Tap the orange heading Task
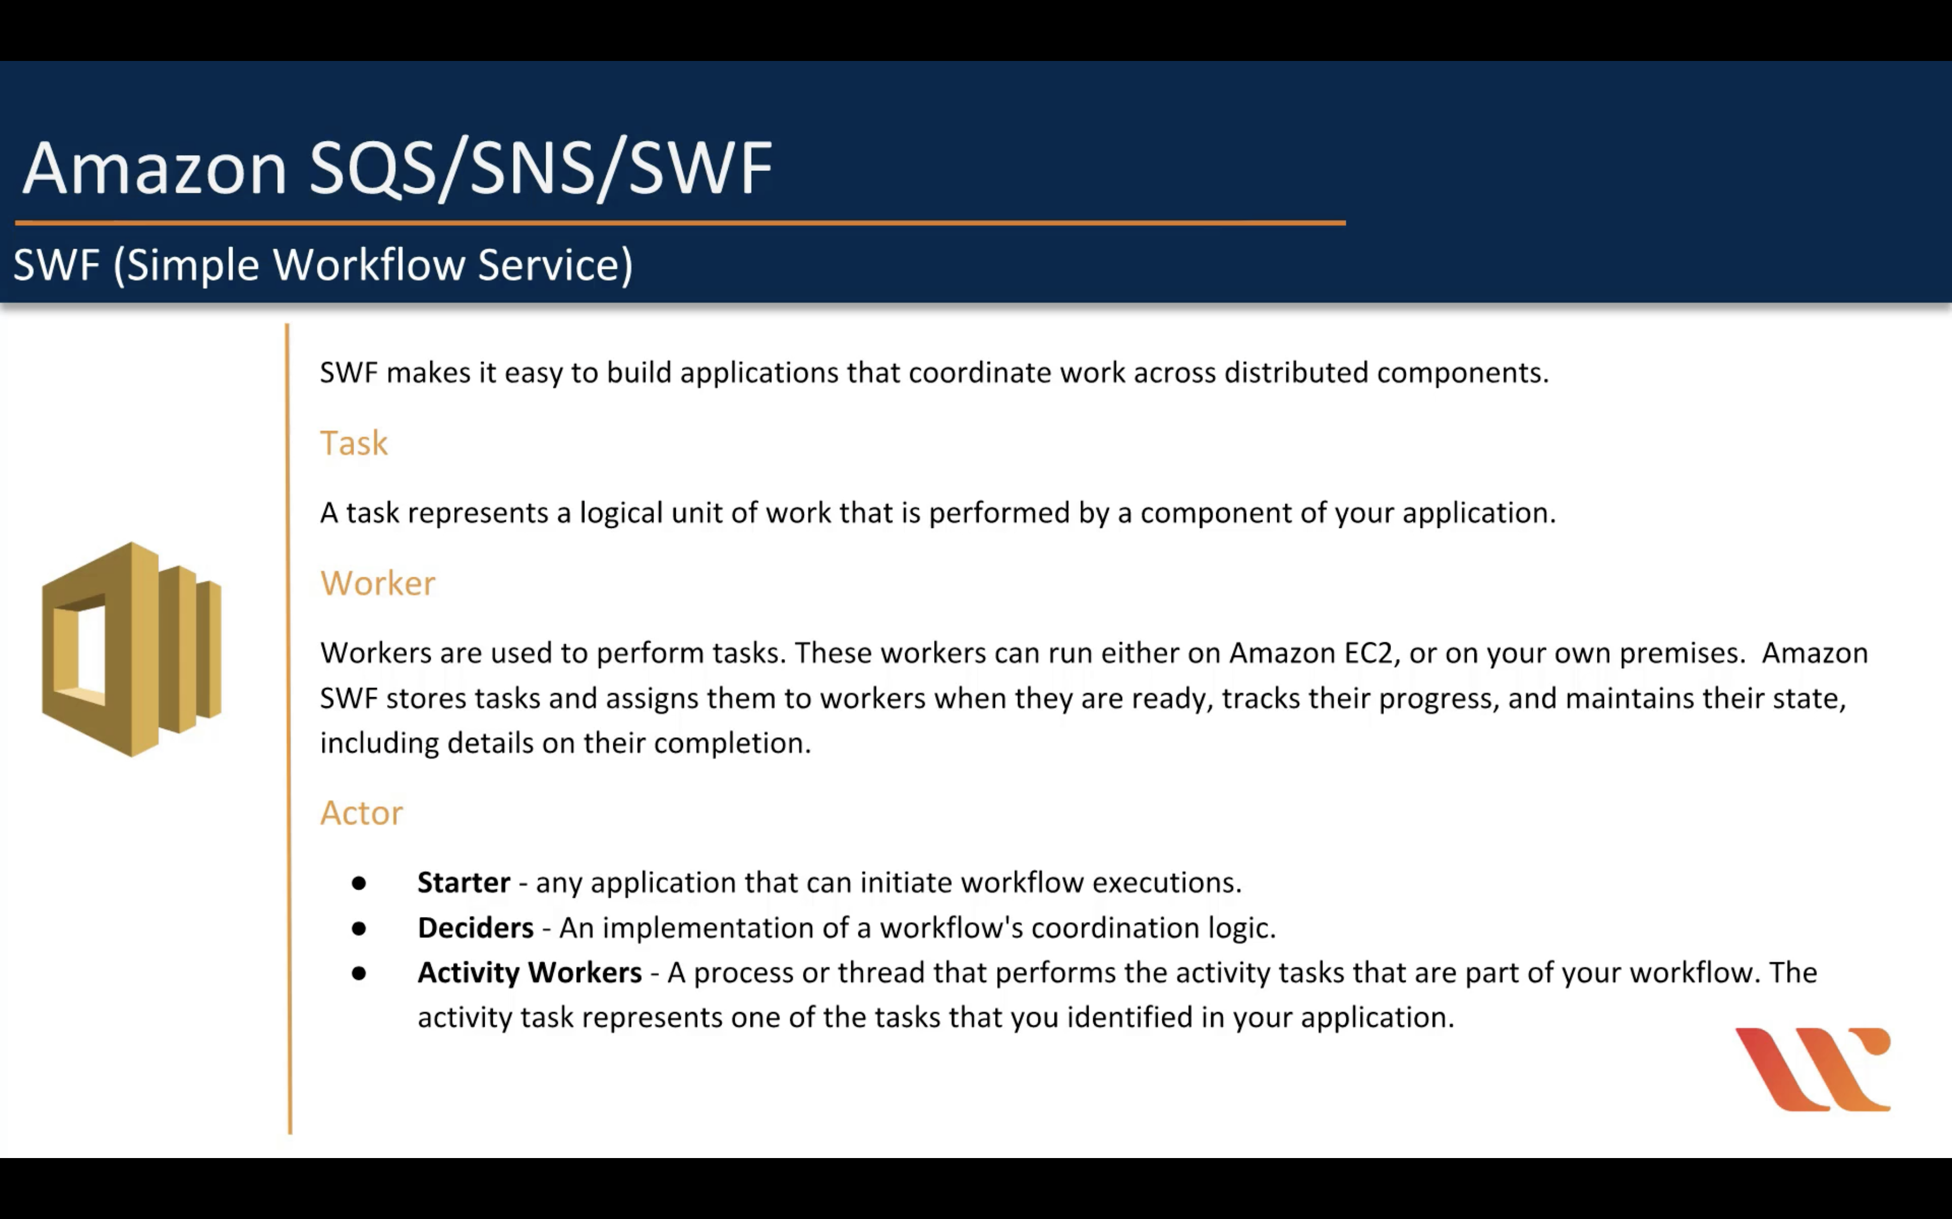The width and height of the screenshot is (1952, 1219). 353,442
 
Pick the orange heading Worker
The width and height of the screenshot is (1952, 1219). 377,583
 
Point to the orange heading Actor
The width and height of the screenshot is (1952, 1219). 361,812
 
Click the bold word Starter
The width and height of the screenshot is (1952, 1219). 464,882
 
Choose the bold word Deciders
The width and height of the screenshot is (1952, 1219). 475,927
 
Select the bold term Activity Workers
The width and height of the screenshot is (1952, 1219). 529,972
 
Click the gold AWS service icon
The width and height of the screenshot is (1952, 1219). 131,649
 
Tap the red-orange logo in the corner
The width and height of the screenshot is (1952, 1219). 1813,1069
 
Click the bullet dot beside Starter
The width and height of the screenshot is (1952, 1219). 359,884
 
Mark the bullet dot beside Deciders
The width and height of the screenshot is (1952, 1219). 359,929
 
